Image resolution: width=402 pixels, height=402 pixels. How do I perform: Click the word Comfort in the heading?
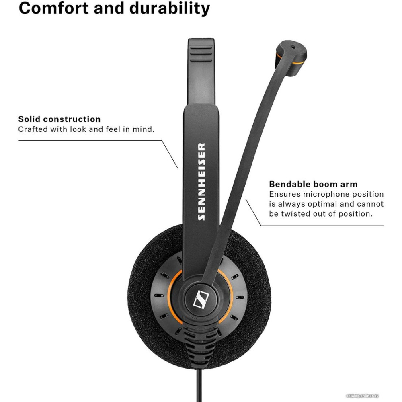pos(54,8)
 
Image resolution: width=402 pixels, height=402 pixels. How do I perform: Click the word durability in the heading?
pos(170,9)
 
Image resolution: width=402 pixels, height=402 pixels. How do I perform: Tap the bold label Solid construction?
pos(59,119)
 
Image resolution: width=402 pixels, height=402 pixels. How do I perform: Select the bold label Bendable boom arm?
pos(313,184)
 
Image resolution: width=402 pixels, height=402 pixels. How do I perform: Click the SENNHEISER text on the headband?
pos(201,182)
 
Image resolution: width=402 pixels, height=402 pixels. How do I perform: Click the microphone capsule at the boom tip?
pos(291,58)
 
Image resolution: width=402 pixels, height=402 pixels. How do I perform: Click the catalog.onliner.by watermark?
pos(362,396)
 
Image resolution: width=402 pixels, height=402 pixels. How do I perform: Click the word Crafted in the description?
pos(33,129)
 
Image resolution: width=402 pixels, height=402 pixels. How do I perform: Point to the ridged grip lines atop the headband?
pos(201,55)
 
